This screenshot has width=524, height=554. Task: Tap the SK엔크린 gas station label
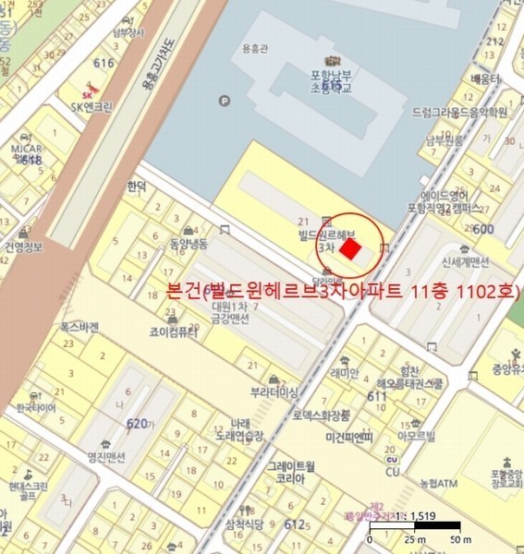pyautogui.click(x=91, y=106)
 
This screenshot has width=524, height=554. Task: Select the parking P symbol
pyautogui.click(x=222, y=101)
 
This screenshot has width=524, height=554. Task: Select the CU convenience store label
pyautogui.click(x=392, y=472)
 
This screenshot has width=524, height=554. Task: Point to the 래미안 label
pyautogui.click(x=344, y=374)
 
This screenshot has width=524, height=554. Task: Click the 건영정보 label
pyautogui.click(x=23, y=247)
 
